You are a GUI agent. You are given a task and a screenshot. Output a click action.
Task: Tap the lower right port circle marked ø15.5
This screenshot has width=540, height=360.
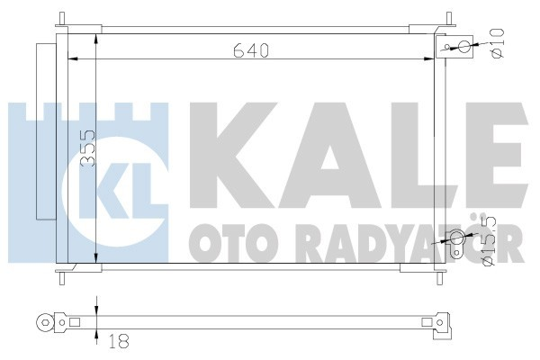pyautogui.click(x=456, y=238)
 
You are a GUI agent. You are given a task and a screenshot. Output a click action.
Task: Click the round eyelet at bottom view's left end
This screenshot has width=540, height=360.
pyautogui.click(x=41, y=320)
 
